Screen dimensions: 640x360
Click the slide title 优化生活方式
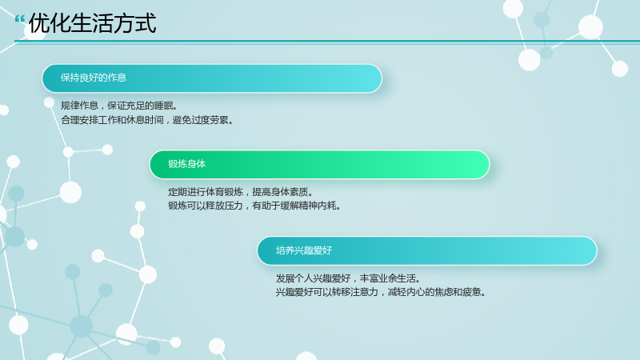pyautogui.click(x=92, y=23)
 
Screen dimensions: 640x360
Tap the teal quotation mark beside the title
pyautogui.click(x=19, y=19)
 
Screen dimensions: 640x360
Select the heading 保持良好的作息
pyautogui.click(x=94, y=78)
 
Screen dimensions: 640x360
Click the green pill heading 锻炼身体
pyautogui.click(x=187, y=164)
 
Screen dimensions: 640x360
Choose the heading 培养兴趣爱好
pyautogui.click(x=304, y=250)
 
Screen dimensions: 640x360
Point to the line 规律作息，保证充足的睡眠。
pyautogui.click(x=119, y=106)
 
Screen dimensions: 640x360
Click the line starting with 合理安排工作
pyautogui.click(x=147, y=120)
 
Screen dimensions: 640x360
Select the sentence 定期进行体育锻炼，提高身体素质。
pyautogui.click(x=241, y=192)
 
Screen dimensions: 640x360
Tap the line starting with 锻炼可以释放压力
pyautogui.click(x=254, y=206)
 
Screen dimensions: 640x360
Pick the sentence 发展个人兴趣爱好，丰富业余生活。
pyautogui.click(x=348, y=278)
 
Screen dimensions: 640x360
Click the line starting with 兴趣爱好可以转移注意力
pyautogui.click(x=381, y=292)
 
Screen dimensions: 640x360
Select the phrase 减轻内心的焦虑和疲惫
pyautogui.click(x=434, y=292)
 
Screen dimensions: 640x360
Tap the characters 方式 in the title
pyautogui.click(x=135, y=23)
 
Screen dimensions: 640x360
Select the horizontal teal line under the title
pyautogui.click(x=327, y=42)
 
